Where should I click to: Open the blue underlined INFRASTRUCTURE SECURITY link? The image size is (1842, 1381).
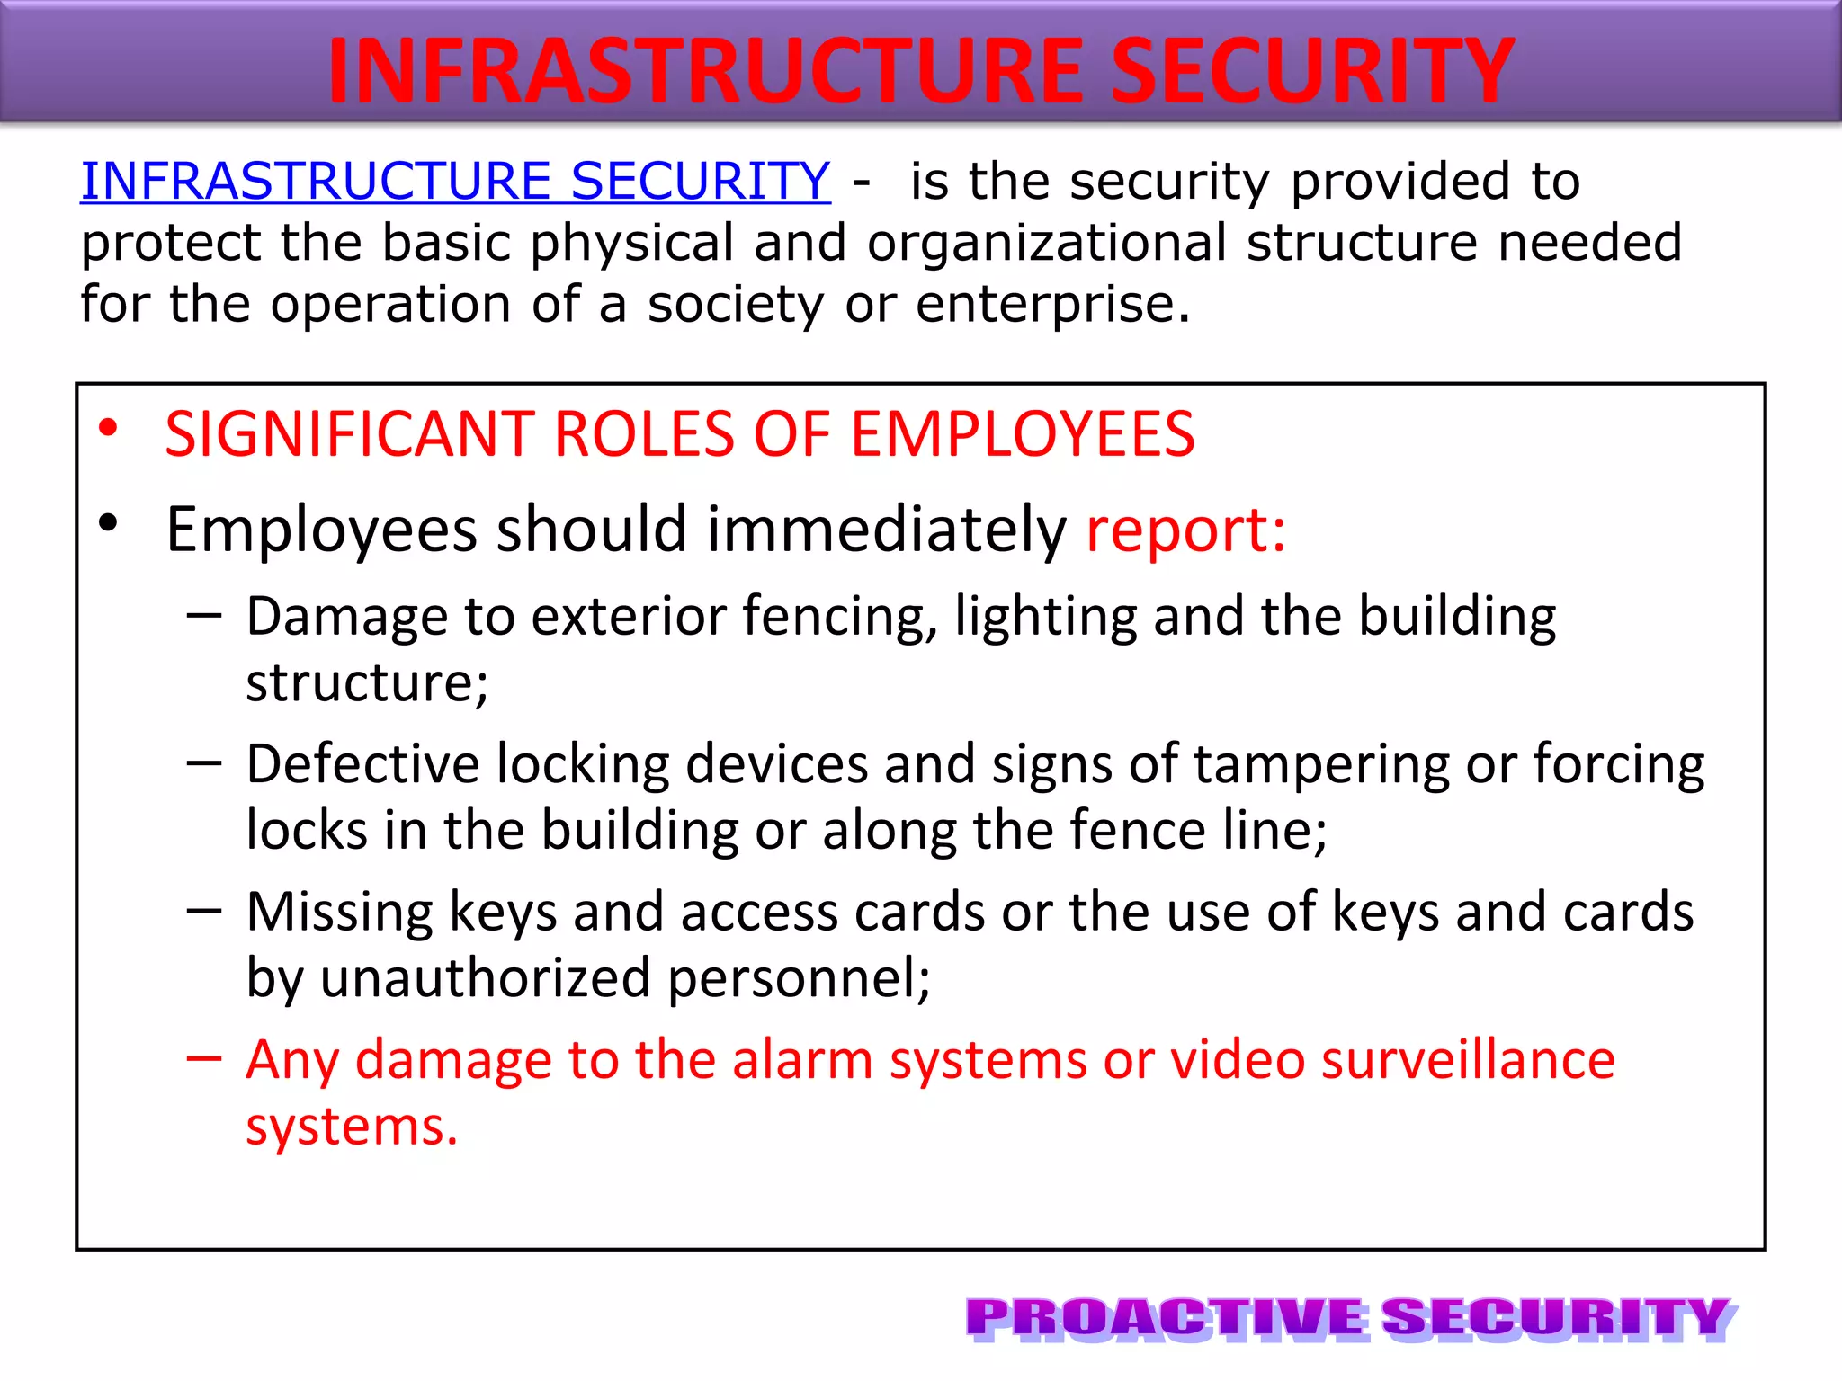click(x=455, y=181)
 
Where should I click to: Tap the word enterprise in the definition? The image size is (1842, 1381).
click(x=1052, y=304)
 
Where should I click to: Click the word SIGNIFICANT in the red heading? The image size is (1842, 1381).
click(x=351, y=434)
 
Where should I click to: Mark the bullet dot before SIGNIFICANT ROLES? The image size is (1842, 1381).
click(x=109, y=428)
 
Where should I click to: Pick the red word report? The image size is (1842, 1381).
click(x=1185, y=530)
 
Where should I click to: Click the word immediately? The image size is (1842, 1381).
click(x=886, y=530)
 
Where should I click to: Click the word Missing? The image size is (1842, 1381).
click(x=339, y=913)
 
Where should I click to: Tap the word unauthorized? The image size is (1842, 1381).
click(x=485, y=978)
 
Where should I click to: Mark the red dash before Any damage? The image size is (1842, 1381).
click(x=204, y=1058)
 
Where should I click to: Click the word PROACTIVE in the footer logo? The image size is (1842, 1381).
click(x=1166, y=1319)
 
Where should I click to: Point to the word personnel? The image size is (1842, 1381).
click(x=799, y=978)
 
